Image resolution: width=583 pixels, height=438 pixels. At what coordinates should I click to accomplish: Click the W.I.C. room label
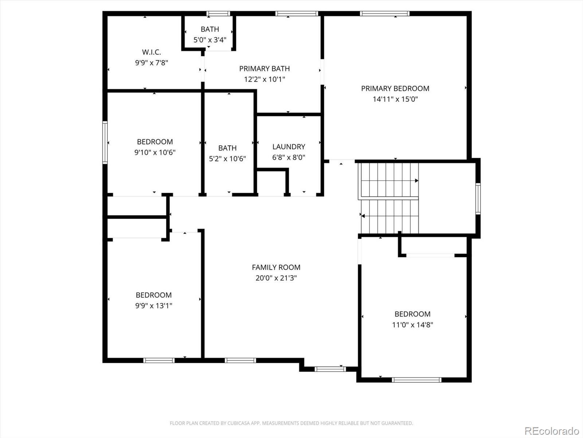tap(151, 52)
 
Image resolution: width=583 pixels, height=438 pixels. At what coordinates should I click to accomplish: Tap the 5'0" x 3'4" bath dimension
tap(210, 40)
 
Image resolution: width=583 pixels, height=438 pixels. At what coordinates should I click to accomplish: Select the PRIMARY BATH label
tap(264, 69)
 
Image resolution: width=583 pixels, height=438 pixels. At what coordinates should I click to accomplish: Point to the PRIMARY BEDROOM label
tap(395, 88)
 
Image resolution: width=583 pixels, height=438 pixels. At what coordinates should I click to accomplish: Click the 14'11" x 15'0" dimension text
tap(395, 99)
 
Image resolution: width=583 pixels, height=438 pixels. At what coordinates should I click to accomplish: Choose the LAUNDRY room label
tap(289, 146)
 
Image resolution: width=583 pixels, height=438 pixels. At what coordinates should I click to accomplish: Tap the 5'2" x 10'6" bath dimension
tap(227, 159)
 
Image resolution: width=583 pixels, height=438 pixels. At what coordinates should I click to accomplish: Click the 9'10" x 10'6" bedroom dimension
tap(155, 152)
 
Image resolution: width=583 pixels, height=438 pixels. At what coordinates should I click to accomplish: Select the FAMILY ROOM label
tap(276, 267)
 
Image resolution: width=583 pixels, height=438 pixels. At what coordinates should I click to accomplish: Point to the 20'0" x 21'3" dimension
tap(276, 278)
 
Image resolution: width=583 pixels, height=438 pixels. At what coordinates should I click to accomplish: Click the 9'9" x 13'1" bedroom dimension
tap(153, 306)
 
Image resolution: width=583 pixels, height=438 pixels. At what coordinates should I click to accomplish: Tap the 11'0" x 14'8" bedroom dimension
tap(412, 325)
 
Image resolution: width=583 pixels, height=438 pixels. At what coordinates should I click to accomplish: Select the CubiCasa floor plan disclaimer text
tap(291, 423)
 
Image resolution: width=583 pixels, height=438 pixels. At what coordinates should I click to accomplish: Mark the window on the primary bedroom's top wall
tap(384, 14)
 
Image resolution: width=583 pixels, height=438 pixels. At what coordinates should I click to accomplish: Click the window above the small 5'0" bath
tap(218, 14)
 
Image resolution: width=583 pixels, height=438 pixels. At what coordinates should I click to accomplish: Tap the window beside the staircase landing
tap(478, 199)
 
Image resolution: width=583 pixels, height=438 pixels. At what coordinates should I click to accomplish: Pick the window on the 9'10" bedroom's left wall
tap(105, 143)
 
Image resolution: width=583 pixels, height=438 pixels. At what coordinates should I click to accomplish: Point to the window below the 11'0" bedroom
tap(416, 380)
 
